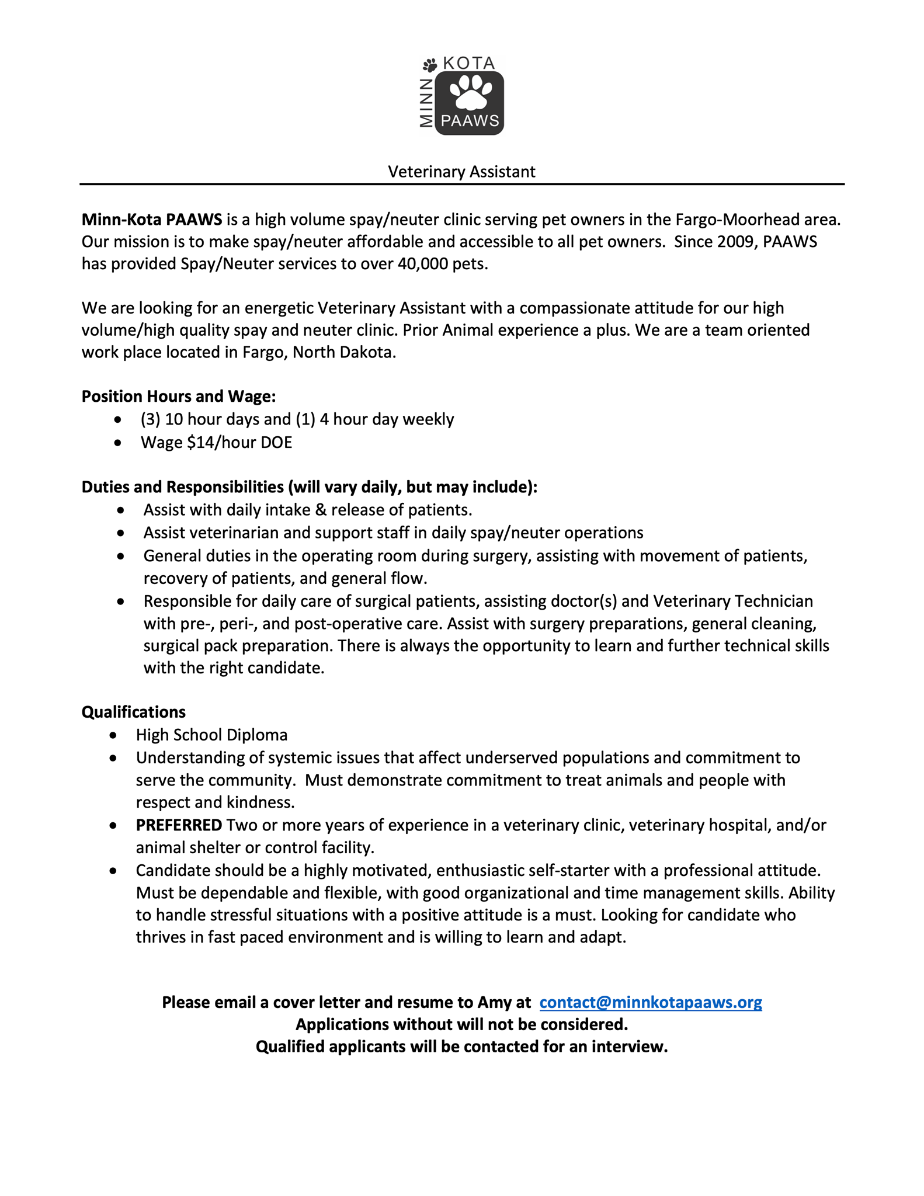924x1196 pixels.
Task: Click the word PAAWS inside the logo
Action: coord(470,121)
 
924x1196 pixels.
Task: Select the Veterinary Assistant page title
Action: coord(461,172)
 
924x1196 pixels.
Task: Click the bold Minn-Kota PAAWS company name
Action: coord(152,220)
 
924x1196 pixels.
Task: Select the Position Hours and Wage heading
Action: coord(179,397)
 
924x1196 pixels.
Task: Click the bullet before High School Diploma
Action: coord(113,735)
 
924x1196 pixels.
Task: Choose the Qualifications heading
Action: coord(134,712)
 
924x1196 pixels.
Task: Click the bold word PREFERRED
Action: coord(179,825)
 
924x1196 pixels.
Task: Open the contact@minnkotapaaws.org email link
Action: coord(651,1002)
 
